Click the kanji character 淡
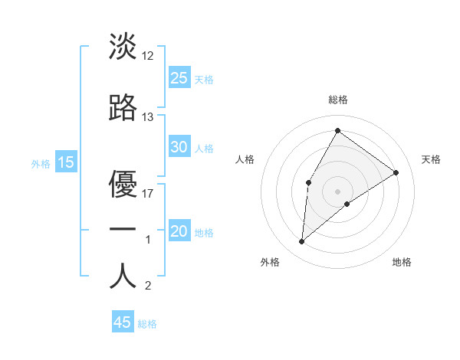pos(123,47)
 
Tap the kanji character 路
pos(123,108)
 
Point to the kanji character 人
pos(123,277)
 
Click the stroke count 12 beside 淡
pos(148,56)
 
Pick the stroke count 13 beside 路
pos(148,117)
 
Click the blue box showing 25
pos(179,77)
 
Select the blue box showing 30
pos(179,147)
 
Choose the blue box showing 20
pos(179,231)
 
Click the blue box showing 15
pos(66,162)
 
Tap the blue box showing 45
pos(123,322)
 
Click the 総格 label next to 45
pos(147,324)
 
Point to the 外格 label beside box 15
pos(40,163)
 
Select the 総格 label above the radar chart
pos(337,100)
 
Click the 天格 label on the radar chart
pos(432,159)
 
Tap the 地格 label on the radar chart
pos(402,262)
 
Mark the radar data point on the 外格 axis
pos(302,242)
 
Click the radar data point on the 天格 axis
pos(396,172)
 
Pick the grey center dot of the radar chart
pos(337,190)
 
